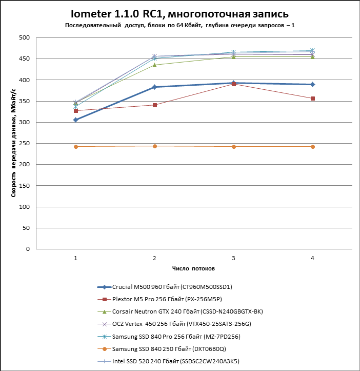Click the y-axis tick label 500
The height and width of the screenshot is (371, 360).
[x=25, y=37]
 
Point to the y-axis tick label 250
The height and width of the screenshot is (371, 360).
[x=25, y=143]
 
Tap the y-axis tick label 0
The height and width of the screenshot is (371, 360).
[x=28, y=249]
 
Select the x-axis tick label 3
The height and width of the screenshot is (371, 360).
[x=233, y=258]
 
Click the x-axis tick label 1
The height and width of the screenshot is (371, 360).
[x=76, y=258]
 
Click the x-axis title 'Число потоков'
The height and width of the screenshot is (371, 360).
[x=193, y=268]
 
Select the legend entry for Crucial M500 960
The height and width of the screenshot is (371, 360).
[x=165, y=287]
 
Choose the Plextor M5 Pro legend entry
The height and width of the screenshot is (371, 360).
[x=159, y=299]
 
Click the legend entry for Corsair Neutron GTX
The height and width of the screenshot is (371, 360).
[x=180, y=311]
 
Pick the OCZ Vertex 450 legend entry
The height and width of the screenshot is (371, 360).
[x=174, y=324]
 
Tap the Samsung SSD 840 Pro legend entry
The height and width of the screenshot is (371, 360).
[x=169, y=337]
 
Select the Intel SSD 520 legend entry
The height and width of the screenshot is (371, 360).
[x=168, y=361]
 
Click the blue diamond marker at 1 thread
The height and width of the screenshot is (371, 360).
[x=76, y=120]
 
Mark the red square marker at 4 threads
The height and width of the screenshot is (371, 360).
[x=313, y=99]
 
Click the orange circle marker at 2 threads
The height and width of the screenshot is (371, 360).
[x=155, y=146]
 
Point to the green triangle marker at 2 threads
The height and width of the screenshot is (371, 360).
[x=155, y=65]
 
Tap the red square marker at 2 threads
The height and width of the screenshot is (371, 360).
[x=155, y=105]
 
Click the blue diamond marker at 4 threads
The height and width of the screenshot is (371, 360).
[x=313, y=85]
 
